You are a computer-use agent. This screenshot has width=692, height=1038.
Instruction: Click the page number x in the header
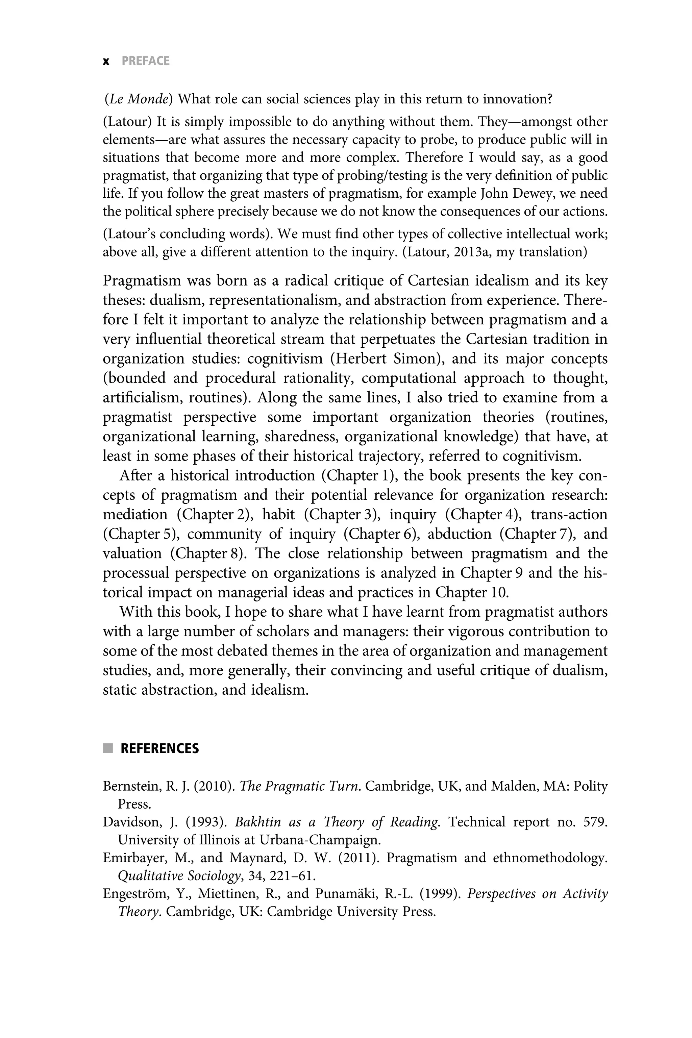[105, 61]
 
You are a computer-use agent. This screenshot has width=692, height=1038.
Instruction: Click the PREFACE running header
[145, 61]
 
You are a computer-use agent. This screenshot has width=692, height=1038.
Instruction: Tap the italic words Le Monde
[138, 99]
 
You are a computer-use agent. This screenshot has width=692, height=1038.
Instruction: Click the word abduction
[460, 534]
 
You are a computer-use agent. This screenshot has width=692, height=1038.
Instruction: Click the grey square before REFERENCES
[108, 748]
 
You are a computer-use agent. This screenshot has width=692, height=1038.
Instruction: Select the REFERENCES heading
[159, 748]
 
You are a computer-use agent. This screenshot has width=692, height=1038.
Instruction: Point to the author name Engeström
[136, 894]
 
